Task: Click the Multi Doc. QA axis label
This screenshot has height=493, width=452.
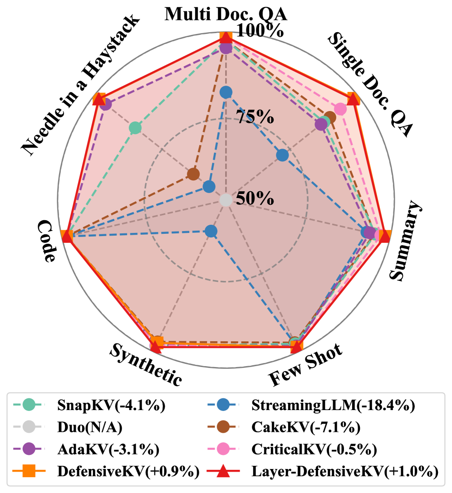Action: pyautogui.click(x=226, y=14)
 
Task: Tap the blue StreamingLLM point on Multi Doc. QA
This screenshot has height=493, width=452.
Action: pyautogui.click(x=226, y=93)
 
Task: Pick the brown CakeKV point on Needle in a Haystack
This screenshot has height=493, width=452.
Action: pyautogui.click(x=193, y=174)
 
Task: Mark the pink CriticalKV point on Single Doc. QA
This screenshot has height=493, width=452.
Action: pyautogui.click(x=340, y=109)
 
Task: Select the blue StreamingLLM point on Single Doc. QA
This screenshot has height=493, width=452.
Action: pyautogui.click(x=282, y=155)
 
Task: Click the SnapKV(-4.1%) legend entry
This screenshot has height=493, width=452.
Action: pyautogui.click(x=112, y=405)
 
